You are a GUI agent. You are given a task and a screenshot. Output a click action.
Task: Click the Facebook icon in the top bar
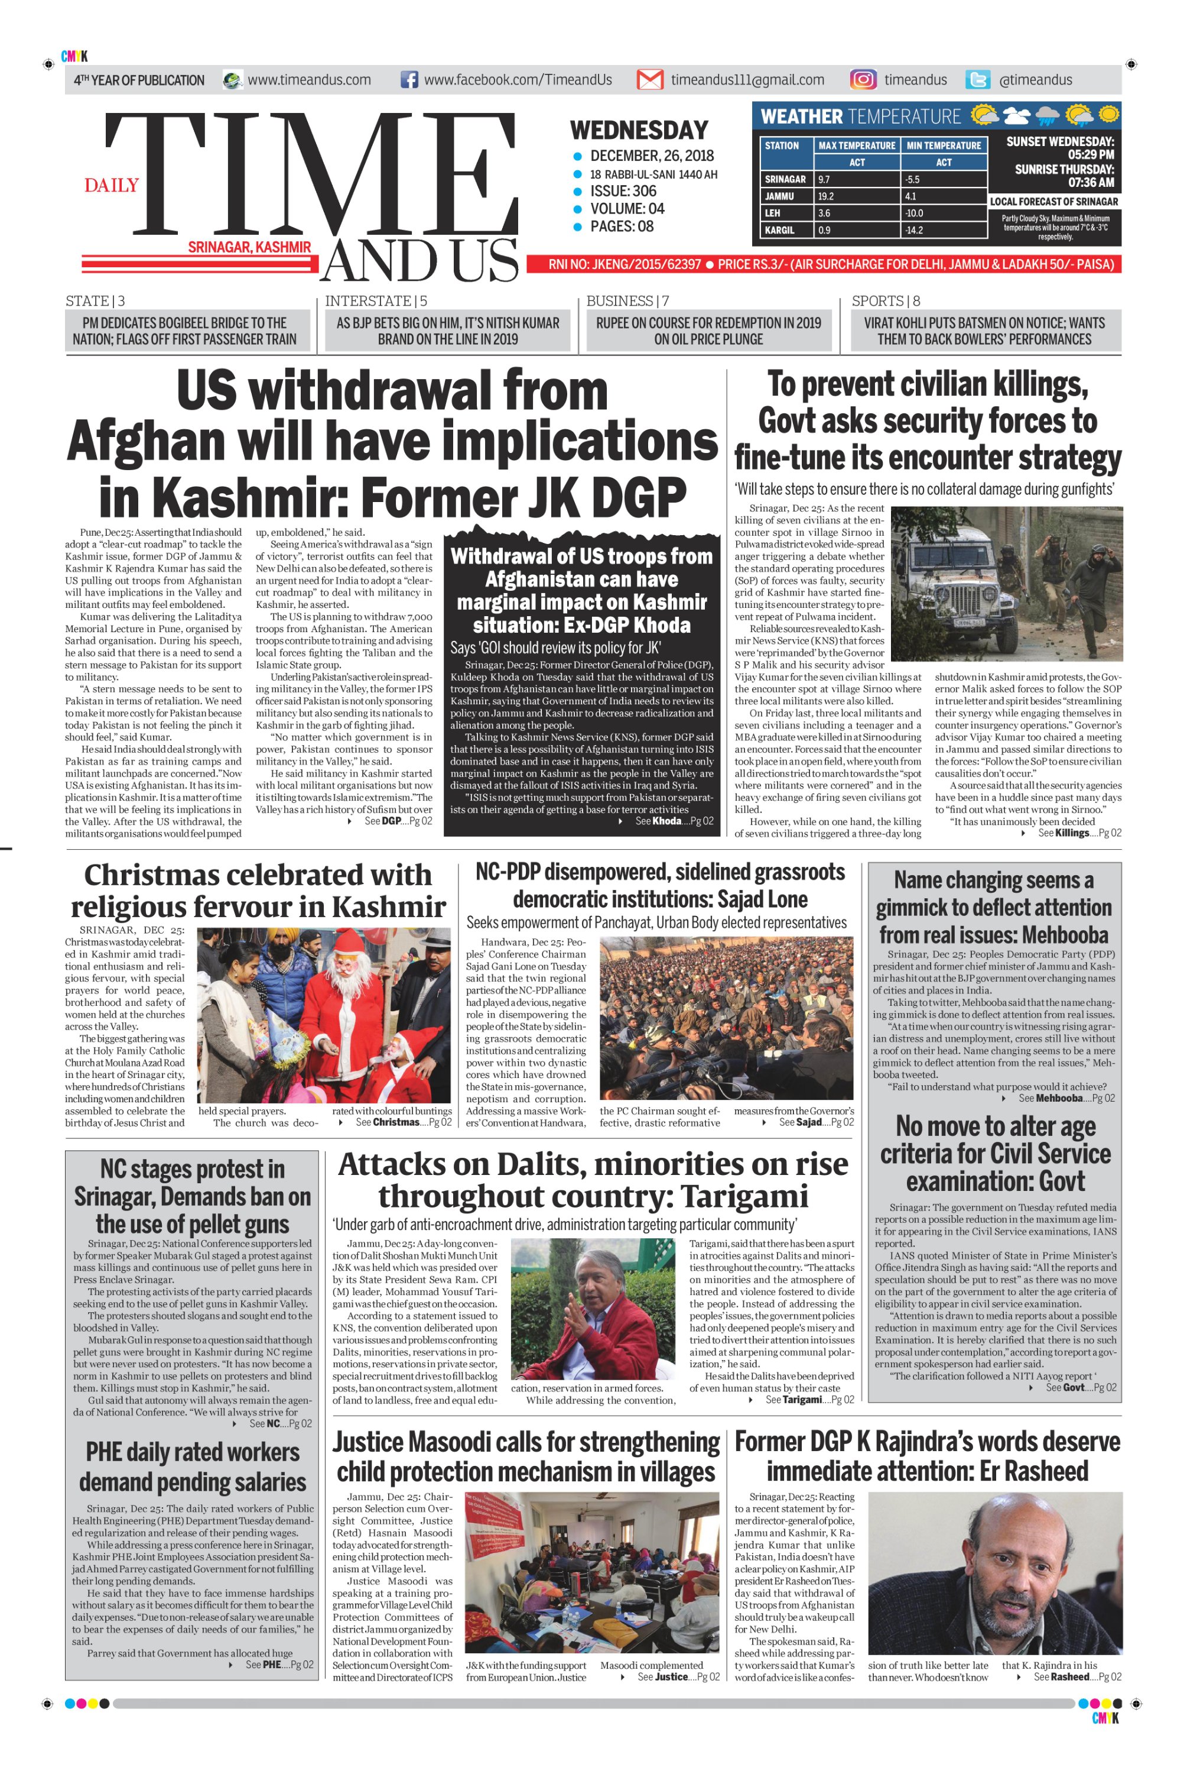coord(409,80)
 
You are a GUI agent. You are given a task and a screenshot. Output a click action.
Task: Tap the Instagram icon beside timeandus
coord(863,80)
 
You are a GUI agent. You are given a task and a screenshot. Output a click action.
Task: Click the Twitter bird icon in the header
coord(978,80)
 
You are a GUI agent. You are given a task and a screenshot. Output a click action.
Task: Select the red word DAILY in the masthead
coord(111,186)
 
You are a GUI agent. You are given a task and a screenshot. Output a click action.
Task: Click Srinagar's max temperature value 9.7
coord(824,180)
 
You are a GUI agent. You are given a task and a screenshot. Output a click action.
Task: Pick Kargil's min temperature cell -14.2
coord(913,230)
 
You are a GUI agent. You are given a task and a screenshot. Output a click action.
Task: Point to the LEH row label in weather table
coord(772,213)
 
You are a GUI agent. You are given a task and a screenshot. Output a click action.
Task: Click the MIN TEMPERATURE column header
coord(943,145)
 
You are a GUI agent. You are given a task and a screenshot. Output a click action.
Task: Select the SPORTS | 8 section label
coord(886,301)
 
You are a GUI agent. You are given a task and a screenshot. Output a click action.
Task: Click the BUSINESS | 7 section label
coord(627,301)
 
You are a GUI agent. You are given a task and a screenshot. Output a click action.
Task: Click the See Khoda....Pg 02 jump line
coord(673,821)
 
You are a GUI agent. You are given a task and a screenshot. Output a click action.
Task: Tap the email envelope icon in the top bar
coord(649,80)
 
